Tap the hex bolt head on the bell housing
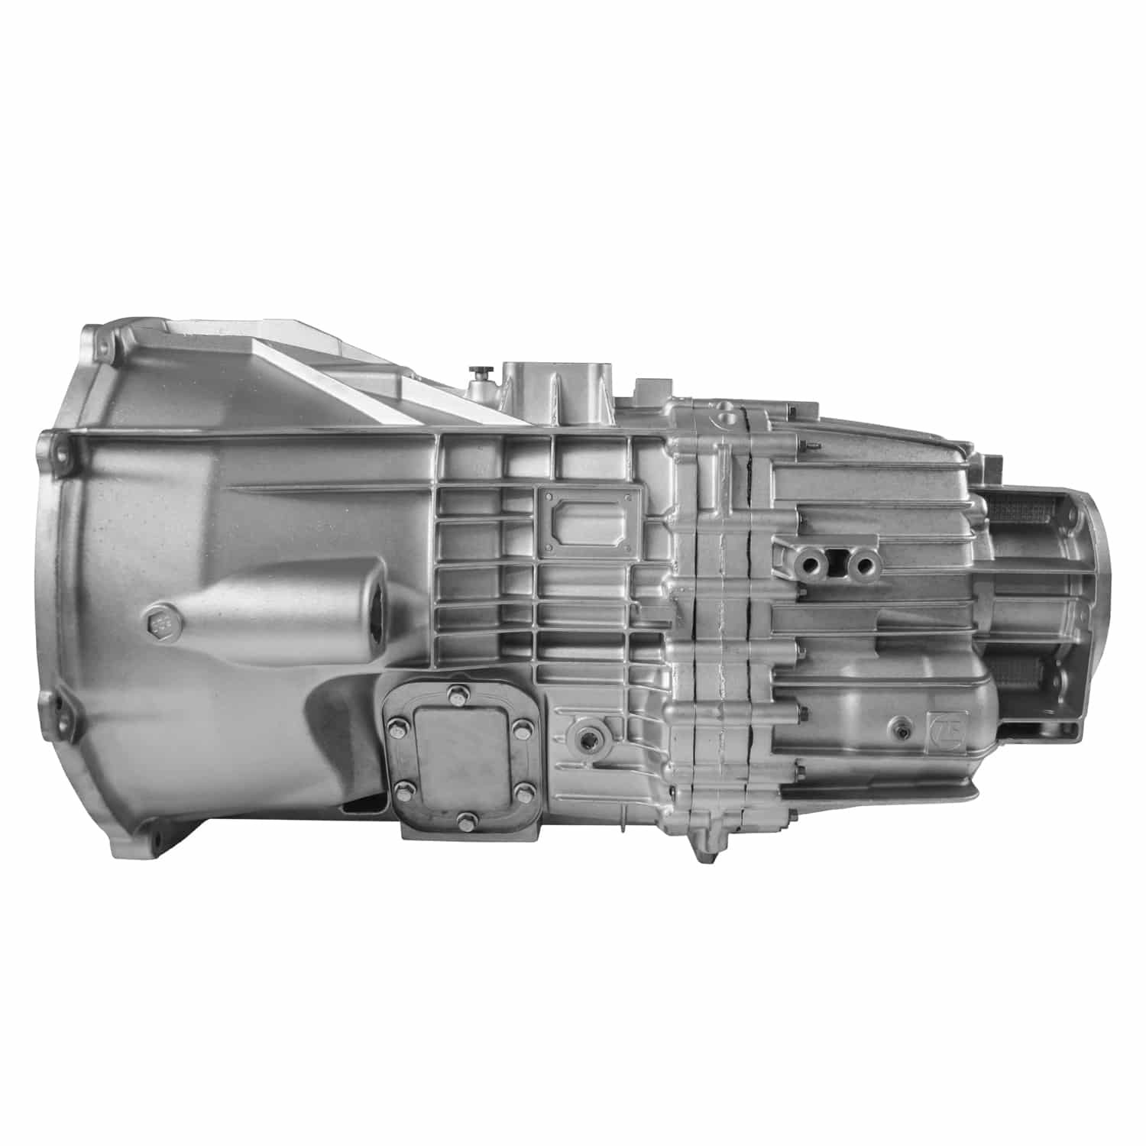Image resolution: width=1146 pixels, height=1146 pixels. (x=160, y=624)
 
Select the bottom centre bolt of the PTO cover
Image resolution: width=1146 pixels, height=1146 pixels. (x=463, y=821)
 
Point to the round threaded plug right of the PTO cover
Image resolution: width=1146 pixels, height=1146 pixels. (x=588, y=737)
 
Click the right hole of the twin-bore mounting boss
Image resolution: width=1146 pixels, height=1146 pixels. (x=864, y=565)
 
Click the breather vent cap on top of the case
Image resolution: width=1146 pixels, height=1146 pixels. (x=480, y=374)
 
